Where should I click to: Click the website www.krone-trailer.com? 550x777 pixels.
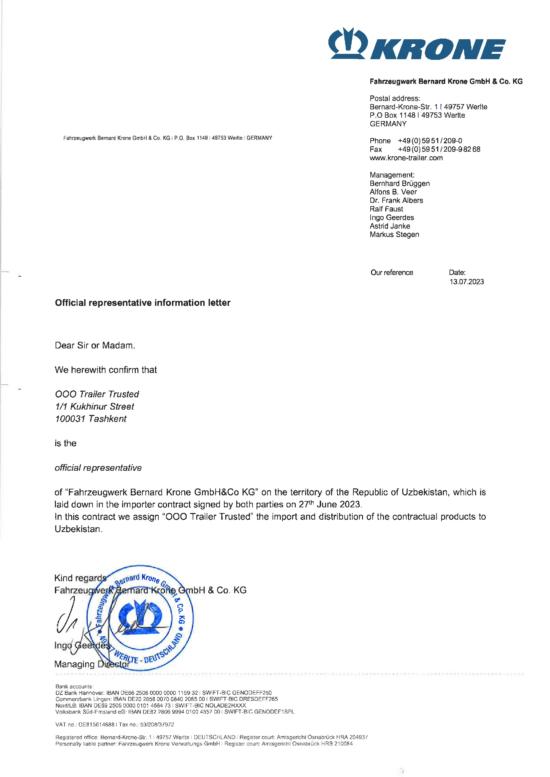click(406, 158)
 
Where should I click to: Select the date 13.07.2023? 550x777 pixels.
click(466, 282)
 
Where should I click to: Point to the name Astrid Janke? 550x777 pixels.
click(390, 226)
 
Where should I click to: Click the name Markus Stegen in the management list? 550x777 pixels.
click(394, 234)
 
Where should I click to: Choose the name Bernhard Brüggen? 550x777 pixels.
click(400, 184)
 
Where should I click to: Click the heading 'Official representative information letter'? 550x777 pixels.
click(143, 303)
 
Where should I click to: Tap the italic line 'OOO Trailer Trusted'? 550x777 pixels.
click(97, 394)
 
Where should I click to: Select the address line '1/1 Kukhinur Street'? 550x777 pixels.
click(94, 406)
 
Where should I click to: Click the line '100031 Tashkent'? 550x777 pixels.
click(91, 419)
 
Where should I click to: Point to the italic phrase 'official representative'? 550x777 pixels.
click(98, 468)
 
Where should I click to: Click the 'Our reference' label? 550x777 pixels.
click(392, 273)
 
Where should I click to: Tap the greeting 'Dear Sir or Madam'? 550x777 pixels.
click(95, 345)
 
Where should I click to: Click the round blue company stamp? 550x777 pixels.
click(140, 618)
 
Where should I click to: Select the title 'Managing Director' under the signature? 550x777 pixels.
click(92, 664)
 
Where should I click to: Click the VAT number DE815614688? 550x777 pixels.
click(96, 724)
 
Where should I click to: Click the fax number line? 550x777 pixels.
click(425, 149)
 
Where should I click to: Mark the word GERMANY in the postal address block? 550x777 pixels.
click(388, 124)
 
